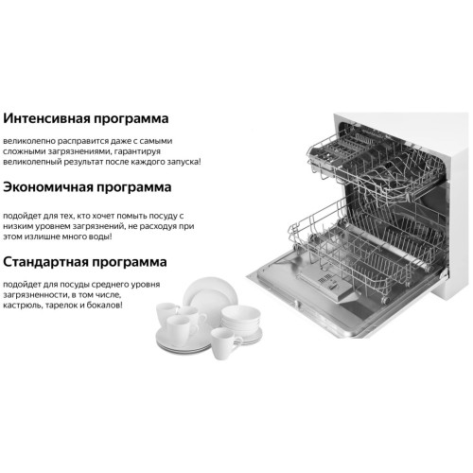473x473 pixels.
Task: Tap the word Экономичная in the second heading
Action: point(48,187)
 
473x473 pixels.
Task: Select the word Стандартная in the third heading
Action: point(45,262)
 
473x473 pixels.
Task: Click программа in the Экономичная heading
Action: point(134,188)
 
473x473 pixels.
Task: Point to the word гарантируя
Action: point(138,151)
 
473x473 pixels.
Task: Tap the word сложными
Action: point(24,151)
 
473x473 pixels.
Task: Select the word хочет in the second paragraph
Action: point(102,216)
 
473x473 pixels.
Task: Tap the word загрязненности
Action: point(34,295)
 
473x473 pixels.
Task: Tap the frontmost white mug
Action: point(224,343)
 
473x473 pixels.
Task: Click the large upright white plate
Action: point(211,295)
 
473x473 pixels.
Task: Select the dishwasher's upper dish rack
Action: point(376,164)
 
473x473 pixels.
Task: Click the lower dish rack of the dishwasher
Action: point(366,249)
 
